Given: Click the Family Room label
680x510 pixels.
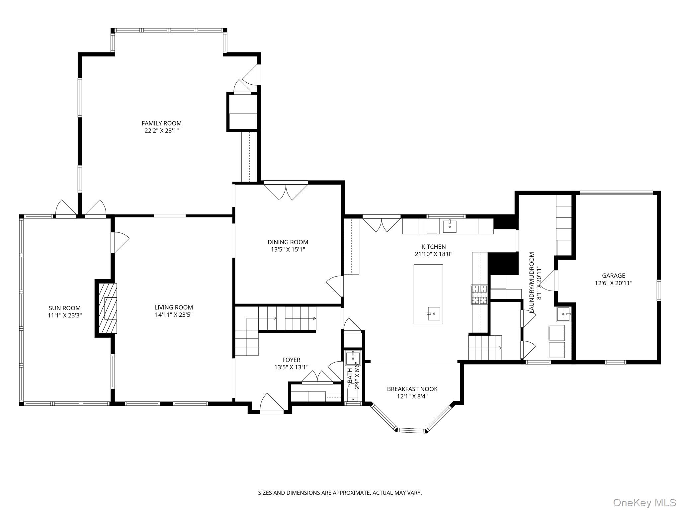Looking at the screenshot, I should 161,123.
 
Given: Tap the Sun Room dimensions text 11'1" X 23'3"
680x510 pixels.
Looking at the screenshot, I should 65,315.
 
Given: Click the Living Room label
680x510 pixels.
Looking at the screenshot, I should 174,307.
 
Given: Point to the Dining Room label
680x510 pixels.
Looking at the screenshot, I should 288,242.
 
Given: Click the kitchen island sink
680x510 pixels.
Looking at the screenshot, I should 434,313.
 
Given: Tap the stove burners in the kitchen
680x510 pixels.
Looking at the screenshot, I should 479,295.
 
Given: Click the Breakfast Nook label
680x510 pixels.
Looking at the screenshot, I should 412,389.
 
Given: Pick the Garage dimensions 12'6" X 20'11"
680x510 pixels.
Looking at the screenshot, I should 613,283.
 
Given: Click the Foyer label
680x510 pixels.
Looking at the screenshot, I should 291,360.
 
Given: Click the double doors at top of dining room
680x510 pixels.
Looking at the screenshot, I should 286,192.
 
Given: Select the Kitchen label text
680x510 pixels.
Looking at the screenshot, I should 433,247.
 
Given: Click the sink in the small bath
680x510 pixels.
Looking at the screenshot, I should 352,358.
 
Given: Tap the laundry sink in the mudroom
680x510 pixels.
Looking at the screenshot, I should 563,314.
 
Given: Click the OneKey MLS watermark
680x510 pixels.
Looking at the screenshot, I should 644,502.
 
